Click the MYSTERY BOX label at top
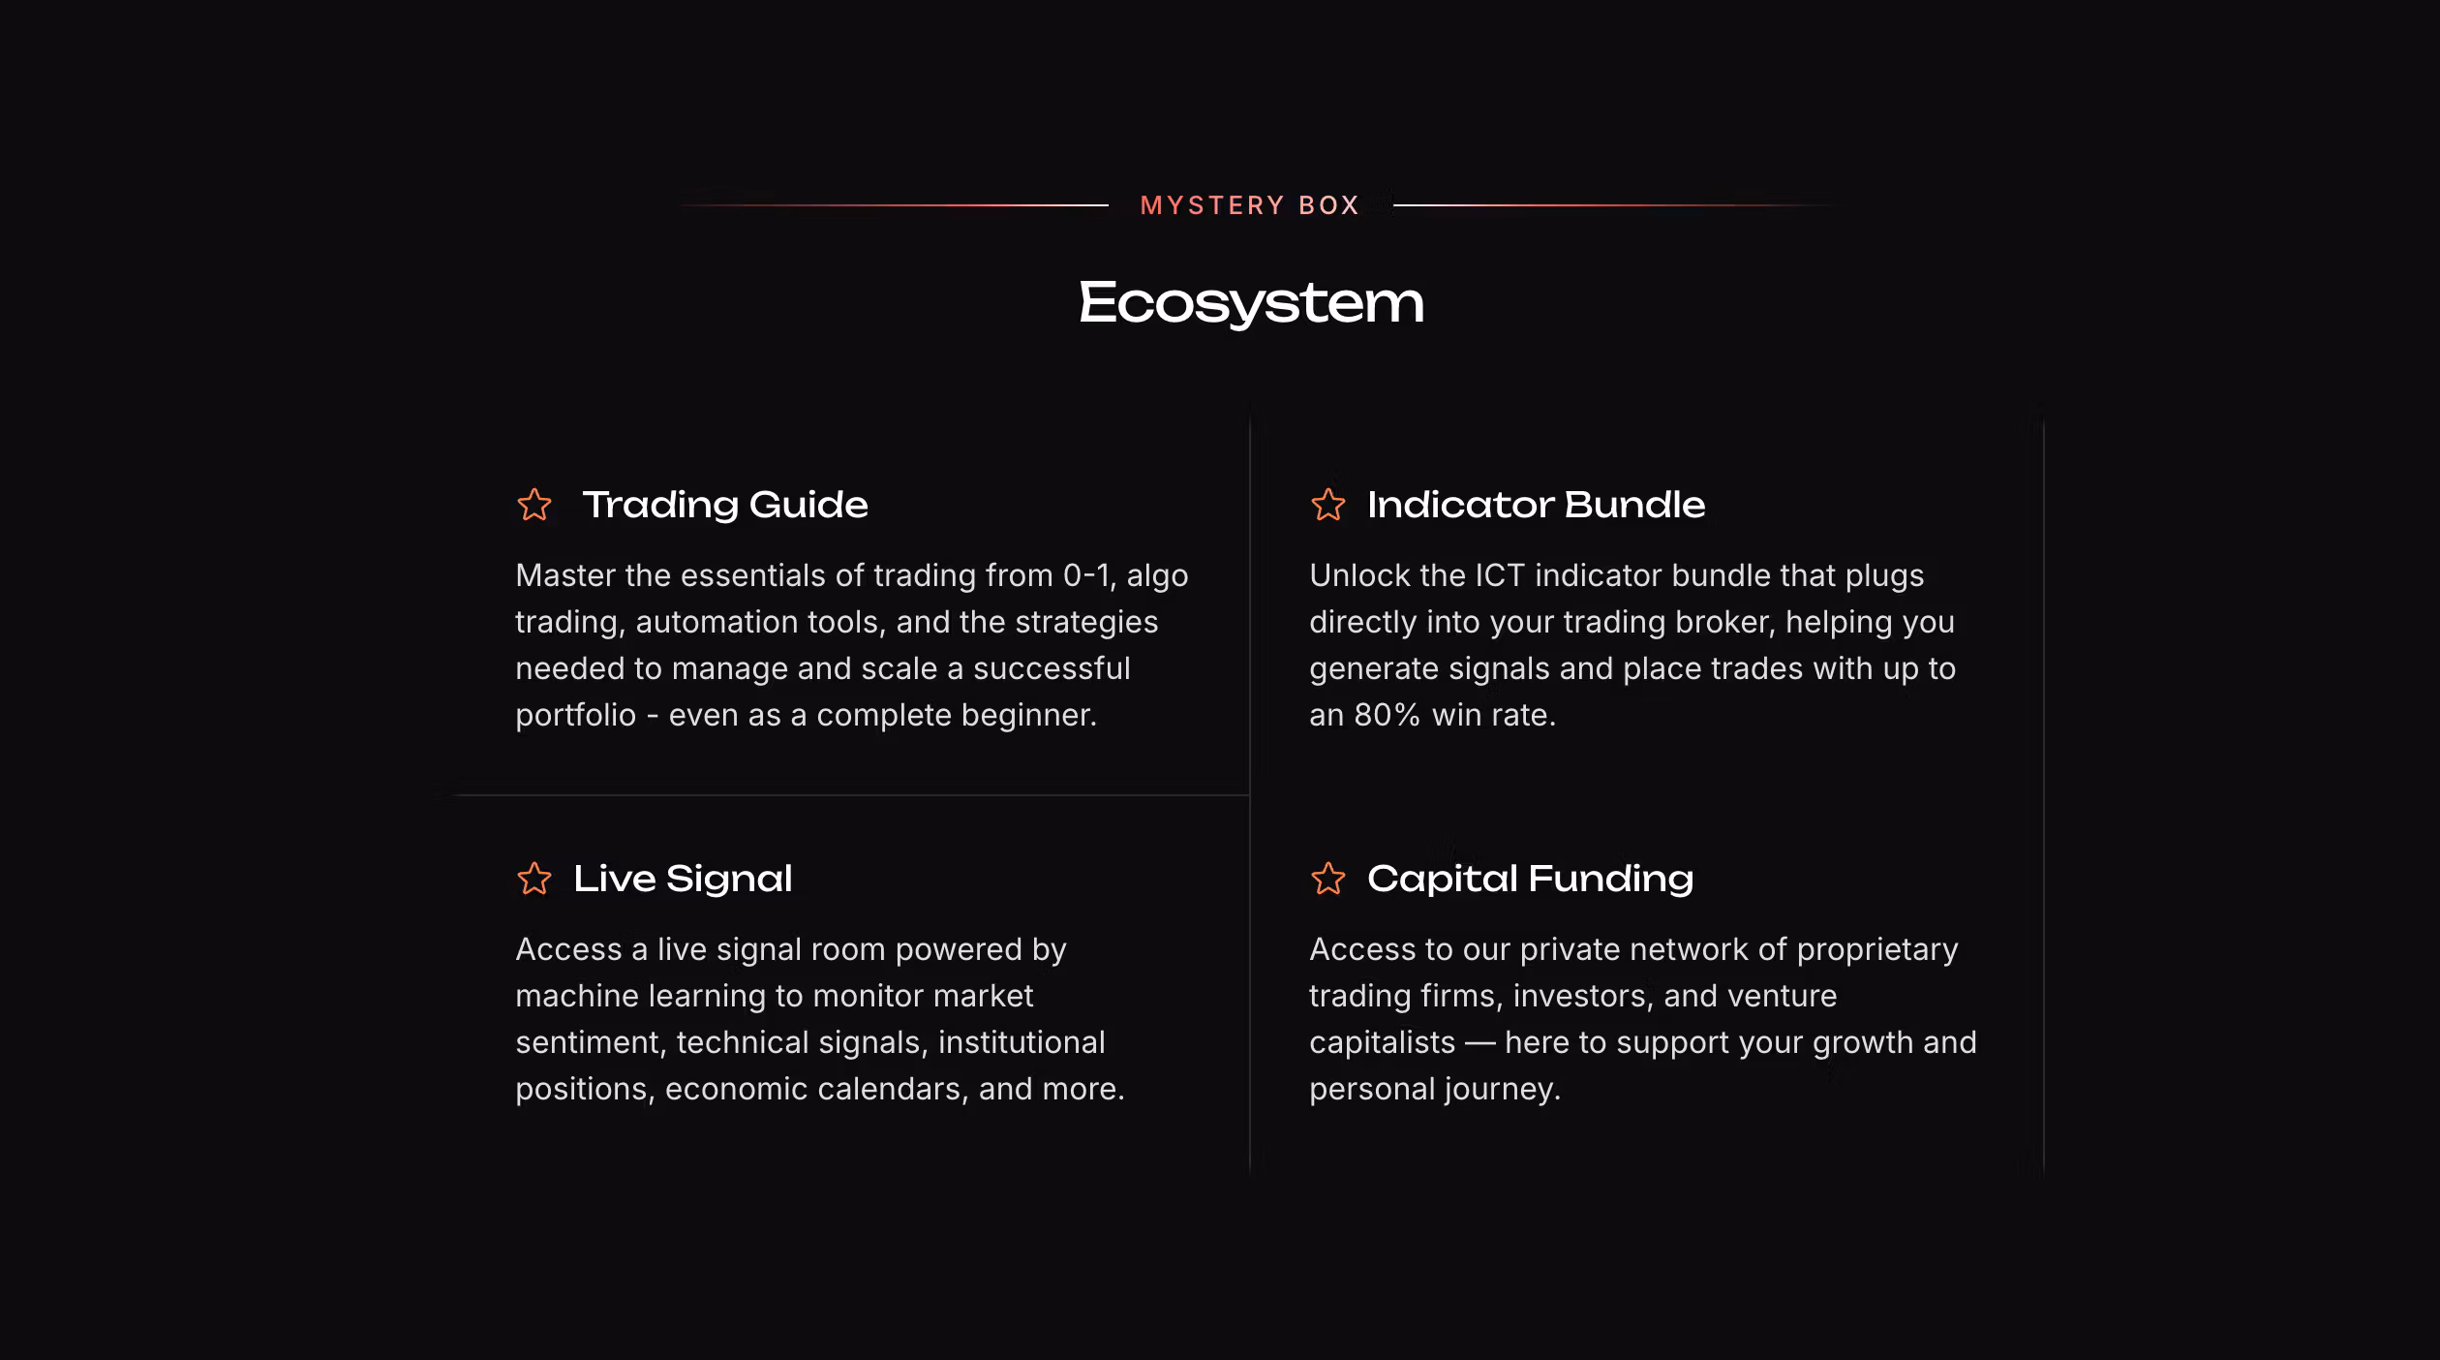point(1250,205)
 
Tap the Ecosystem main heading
point(1251,303)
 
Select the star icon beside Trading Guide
point(534,505)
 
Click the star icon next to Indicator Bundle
point(1328,505)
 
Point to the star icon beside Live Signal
point(534,879)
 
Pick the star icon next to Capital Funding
point(1328,879)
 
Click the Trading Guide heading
point(725,506)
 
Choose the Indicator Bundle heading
point(1537,505)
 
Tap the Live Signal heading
point(683,880)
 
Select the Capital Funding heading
point(1531,880)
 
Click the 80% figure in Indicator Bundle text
point(1387,715)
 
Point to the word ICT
point(1499,575)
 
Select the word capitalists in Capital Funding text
point(1383,1043)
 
